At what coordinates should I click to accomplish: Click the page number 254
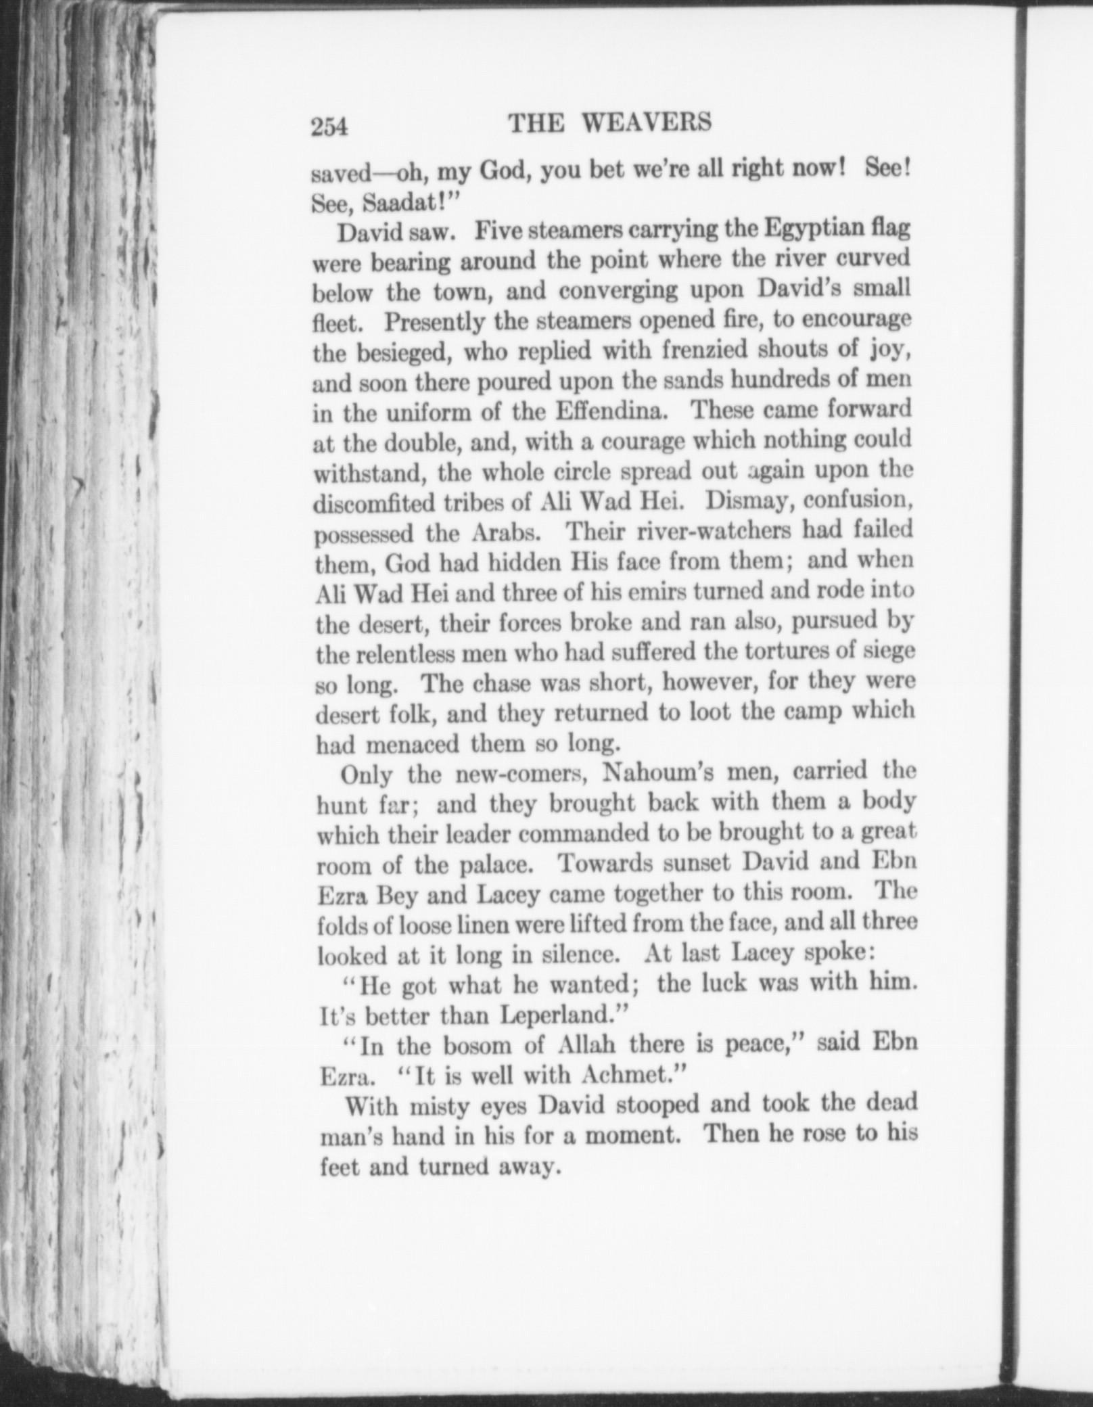tap(329, 126)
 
